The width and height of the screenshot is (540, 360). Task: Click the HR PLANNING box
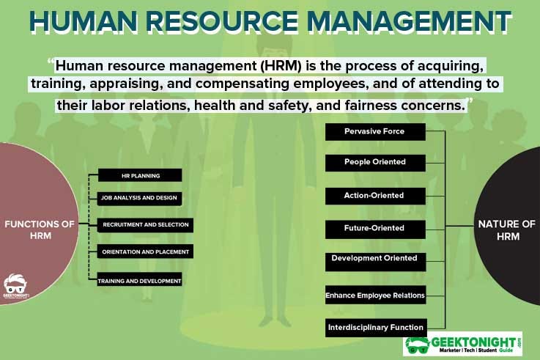140,175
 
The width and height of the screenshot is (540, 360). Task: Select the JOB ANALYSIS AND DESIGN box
139,199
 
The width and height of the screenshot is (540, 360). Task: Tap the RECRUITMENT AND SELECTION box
145,225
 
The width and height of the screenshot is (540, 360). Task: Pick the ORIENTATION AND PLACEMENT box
145,251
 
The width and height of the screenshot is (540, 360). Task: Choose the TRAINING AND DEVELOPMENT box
139,279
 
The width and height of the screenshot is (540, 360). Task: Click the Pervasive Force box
375,132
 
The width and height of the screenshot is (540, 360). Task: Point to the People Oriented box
375,163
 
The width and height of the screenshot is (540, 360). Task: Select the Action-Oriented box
375,196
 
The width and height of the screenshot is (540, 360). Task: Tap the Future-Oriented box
375,229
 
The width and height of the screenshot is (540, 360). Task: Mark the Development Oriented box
375,262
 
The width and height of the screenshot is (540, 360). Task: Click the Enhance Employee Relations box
375,295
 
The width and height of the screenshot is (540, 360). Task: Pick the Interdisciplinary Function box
376,328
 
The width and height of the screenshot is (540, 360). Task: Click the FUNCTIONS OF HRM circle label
40,229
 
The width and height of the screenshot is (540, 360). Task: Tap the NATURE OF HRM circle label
507,230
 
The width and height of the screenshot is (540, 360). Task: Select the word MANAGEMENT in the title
409,21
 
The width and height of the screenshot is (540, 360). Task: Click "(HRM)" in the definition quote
281,65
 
